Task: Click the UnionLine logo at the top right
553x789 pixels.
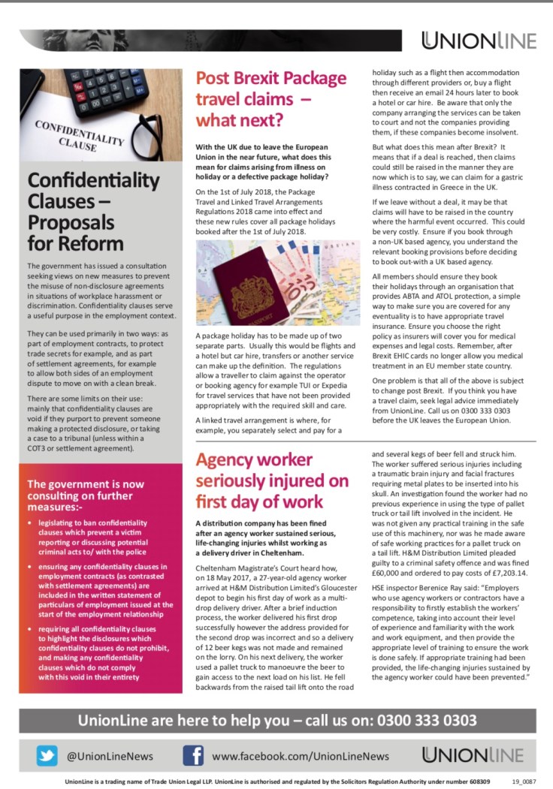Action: (x=479, y=41)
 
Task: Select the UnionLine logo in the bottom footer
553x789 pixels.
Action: (x=479, y=755)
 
